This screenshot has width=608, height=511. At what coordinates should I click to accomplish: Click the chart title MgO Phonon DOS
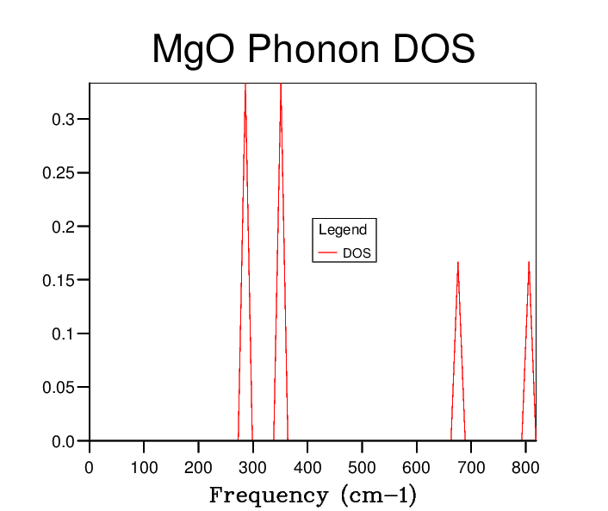click(x=313, y=50)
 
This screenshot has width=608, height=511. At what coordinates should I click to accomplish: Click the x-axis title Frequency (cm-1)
click(x=313, y=495)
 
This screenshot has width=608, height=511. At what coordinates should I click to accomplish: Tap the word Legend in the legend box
click(x=343, y=229)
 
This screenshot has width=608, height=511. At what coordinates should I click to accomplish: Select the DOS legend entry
click(x=357, y=253)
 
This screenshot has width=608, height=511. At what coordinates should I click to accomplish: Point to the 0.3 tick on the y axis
click(x=63, y=119)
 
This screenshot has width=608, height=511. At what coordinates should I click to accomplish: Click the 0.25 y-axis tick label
click(x=59, y=173)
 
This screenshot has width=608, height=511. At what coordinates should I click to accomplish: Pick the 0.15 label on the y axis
click(x=59, y=280)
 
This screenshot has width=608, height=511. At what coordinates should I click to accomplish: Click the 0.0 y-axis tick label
click(x=63, y=441)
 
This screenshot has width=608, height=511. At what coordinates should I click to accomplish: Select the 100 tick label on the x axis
click(x=144, y=468)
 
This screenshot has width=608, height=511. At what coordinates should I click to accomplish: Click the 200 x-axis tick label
click(x=198, y=468)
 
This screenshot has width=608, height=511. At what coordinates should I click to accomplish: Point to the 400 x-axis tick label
click(x=307, y=468)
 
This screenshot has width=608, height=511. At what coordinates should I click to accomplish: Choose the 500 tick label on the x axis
click(x=362, y=468)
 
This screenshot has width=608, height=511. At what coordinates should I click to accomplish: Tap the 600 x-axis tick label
click(x=417, y=468)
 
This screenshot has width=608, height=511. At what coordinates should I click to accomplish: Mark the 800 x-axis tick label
click(x=525, y=468)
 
